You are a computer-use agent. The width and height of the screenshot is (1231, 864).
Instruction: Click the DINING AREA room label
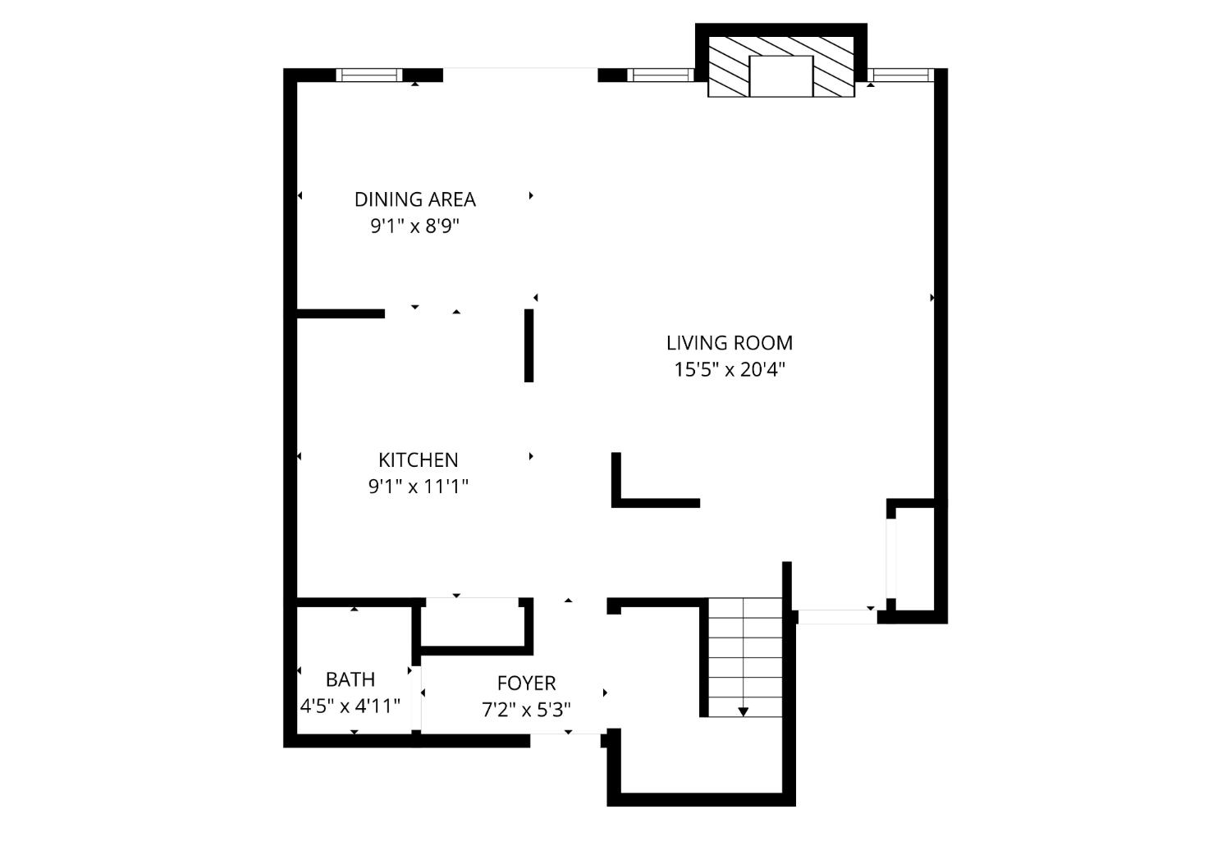414,199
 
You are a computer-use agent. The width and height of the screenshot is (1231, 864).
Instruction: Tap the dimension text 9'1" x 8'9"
414,226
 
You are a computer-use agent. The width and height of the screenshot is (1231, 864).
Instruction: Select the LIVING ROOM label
729,343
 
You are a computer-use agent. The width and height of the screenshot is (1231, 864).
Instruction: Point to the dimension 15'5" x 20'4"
729,370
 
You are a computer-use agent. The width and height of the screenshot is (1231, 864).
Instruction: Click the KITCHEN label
418,460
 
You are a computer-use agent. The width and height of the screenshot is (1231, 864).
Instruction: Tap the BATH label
350,679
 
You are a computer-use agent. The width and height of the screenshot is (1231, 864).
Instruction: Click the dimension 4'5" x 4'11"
350,706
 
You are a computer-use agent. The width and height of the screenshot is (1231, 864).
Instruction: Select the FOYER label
526,683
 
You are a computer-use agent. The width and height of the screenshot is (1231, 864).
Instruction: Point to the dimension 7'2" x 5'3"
526,710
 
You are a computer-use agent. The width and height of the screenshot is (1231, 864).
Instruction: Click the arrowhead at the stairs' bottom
743,711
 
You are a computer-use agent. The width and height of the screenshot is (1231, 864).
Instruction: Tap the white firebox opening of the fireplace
780,76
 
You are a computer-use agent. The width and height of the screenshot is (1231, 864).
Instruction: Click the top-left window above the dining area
369,75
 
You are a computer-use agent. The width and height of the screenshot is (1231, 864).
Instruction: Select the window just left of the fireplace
661,75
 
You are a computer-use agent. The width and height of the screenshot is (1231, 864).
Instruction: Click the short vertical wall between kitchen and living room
529,345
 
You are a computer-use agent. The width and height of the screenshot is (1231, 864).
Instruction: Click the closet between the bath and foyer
474,624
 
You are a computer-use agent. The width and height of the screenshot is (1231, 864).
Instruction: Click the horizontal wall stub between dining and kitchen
341,313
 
